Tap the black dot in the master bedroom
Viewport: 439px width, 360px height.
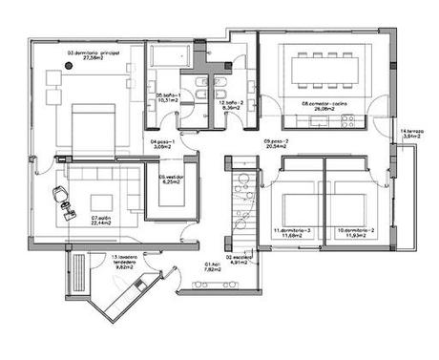pos(68,65)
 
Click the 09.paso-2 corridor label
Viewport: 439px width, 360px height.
pos(276,142)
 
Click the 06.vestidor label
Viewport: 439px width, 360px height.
pos(173,177)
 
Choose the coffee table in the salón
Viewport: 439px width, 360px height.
pos(100,201)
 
